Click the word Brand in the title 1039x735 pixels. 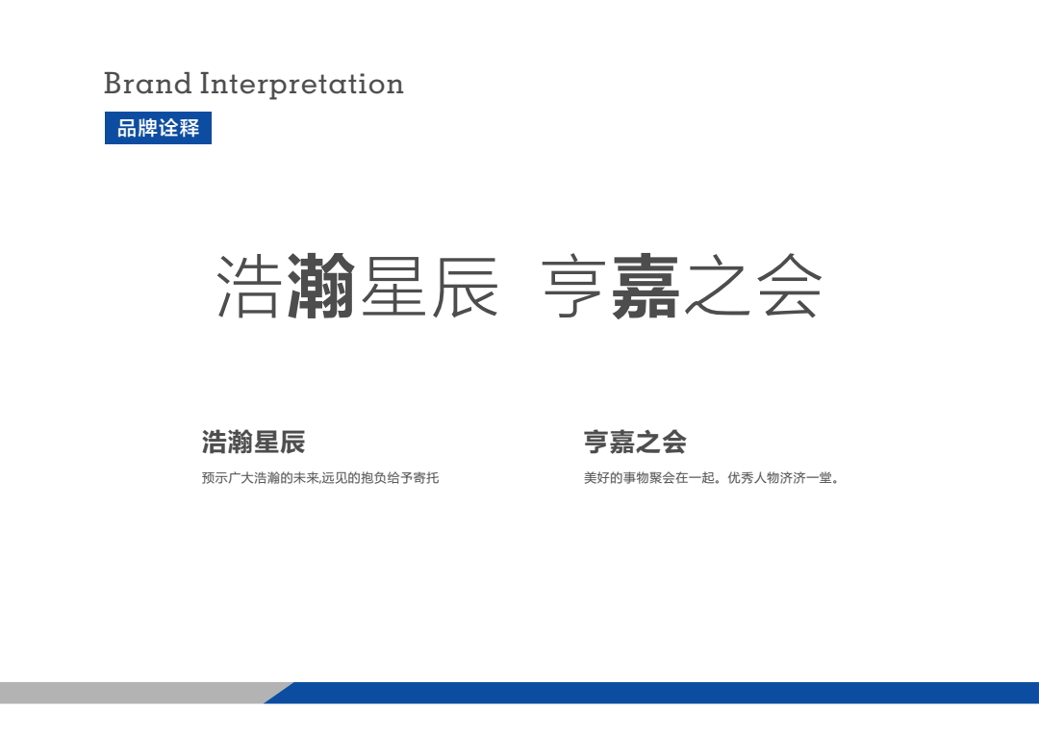[148, 84]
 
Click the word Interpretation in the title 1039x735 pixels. [301, 85]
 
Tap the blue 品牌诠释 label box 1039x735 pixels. [158, 128]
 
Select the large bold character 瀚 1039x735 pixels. [321, 286]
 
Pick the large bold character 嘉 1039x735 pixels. [646, 287]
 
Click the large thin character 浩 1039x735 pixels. [248, 287]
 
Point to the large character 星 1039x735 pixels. [393, 287]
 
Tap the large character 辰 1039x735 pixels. [466, 287]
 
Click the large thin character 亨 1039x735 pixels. [573, 287]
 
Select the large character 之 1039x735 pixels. [718, 287]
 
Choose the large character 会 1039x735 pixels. [790, 287]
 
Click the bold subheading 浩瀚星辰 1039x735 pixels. [253, 443]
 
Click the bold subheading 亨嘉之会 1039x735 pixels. [635, 443]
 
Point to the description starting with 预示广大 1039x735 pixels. [320, 478]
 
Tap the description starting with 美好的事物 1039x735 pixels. [711, 478]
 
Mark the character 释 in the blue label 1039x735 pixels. [190, 128]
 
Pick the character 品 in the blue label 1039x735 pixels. [127, 128]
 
